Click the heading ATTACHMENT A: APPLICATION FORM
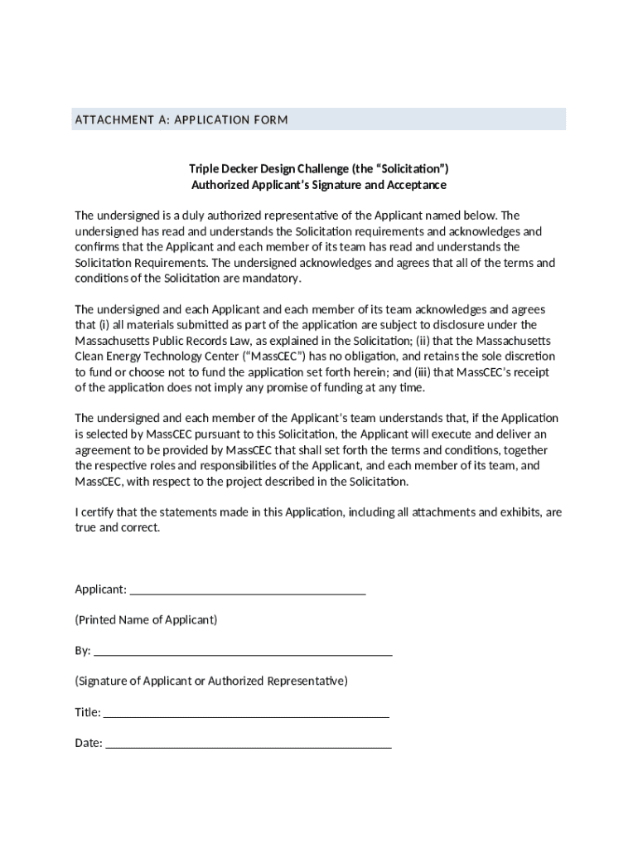[x=181, y=120]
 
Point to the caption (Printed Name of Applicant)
[x=147, y=620]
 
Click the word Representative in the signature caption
[x=304, y=682]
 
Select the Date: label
[x=89, y=743]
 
